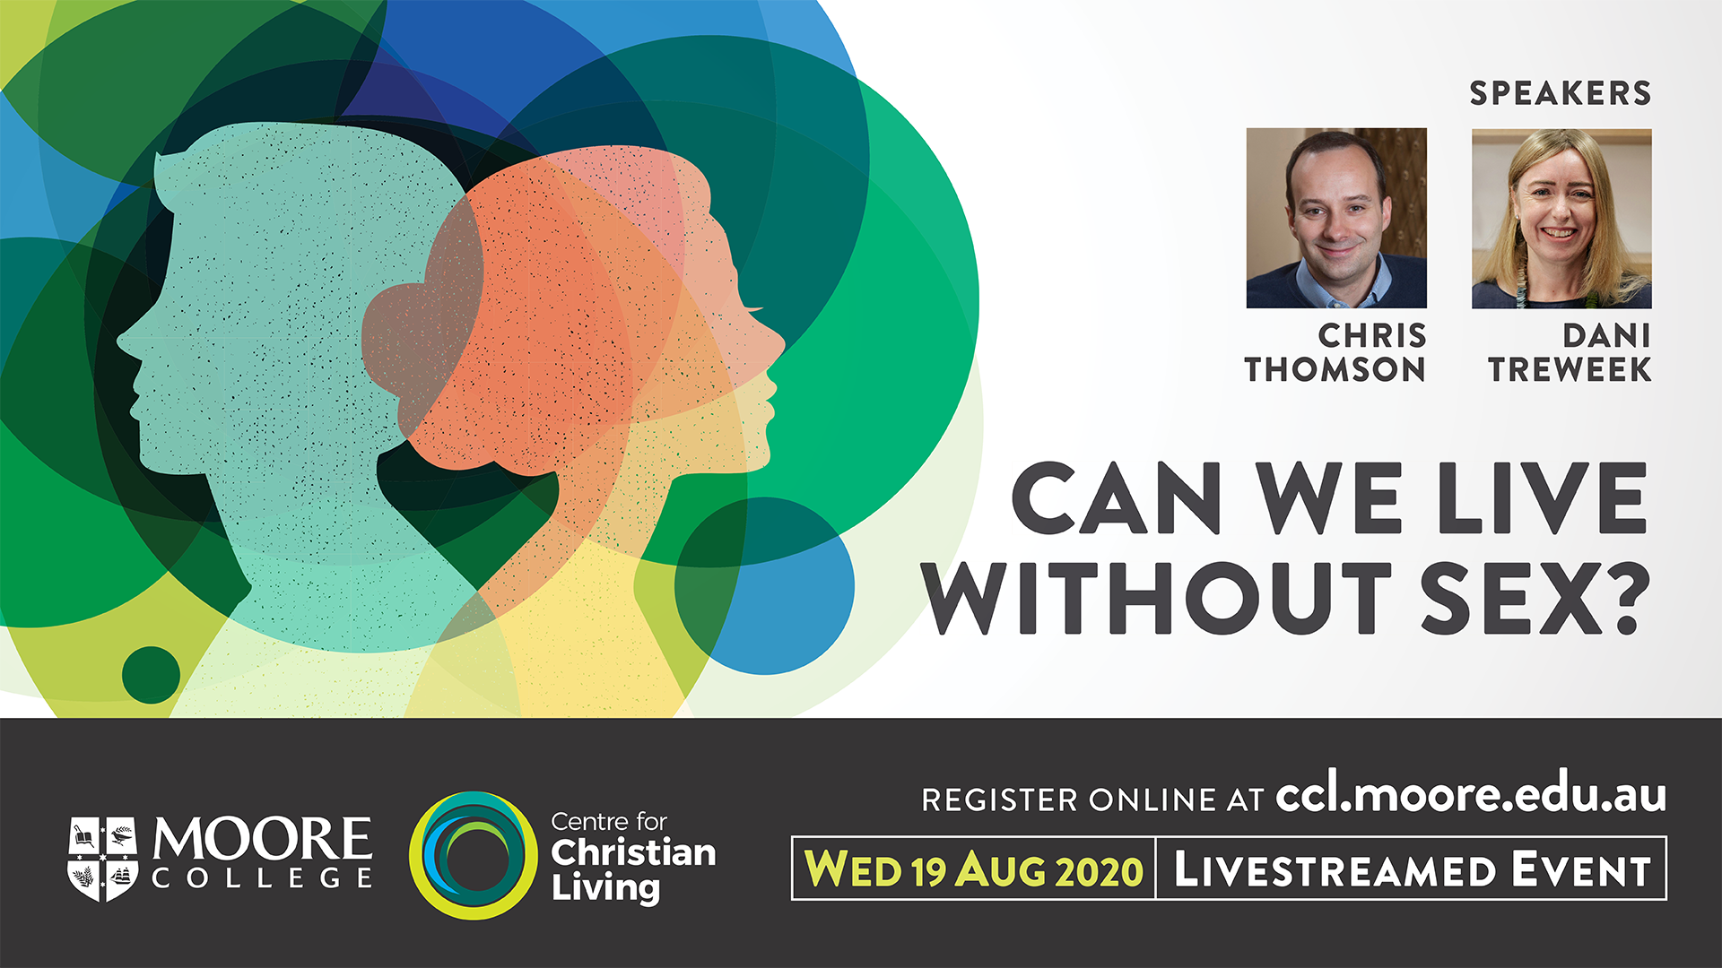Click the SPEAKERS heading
pyautogui.click(x=1560, y=93)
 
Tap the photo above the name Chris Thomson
pyautogui.click(x=1336, y=218)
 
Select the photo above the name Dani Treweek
pyautogui.click(x=1561, y=218)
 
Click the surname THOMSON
pyautogui.click(x=1335, y=369)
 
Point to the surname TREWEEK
pyautogui.click(x=1570, y=369)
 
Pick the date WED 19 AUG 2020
pyautogui.click(x=974, y=869)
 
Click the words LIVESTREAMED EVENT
pyautogui.click(x=1413, y=869)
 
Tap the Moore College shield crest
pyautogui.click(x=103, y=858)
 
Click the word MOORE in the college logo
pyautogui.click(x=262, y=838)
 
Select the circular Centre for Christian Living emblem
pyautogui.click(x=473, y=855)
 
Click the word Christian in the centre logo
pyautogui.click(x=633, y=852)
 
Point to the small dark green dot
pyautogui.click(x=151, y=675)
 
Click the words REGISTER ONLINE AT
pyautogui.click(x=1092, y=799)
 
